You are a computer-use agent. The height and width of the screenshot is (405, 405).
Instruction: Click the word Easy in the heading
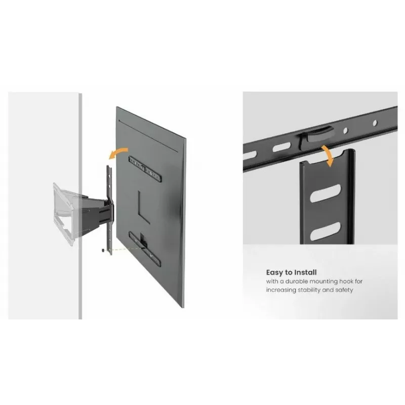pos(274,273)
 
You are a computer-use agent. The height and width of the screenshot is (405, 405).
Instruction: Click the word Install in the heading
pos(306,272)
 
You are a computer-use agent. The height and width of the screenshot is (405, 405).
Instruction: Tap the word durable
pos(296,281)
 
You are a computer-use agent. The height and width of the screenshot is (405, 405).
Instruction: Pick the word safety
pos(344,290)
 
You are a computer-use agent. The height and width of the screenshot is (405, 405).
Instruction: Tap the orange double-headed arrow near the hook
pos(328,156)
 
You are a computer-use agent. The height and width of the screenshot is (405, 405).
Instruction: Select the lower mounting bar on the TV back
pos(145,249)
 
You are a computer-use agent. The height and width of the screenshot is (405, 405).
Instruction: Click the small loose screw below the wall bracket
pos(103,250)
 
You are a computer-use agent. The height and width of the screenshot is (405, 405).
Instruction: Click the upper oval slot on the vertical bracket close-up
pos(325,193)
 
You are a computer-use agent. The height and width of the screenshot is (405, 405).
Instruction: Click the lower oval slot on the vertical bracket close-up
pos(325,231)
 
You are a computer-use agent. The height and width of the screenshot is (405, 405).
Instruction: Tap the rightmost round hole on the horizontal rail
pos(375,123)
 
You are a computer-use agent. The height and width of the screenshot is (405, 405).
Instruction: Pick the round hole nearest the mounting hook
pos(346,131)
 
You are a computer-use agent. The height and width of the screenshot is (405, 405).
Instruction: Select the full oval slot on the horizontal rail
pos(281,148)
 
